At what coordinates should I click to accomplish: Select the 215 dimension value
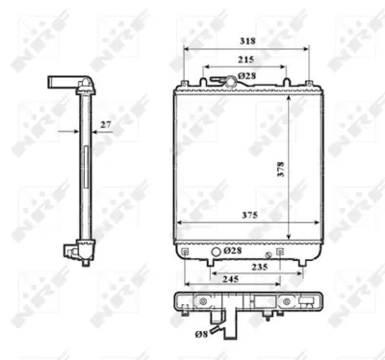click(246, 60)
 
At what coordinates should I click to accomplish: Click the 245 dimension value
click(228, 281)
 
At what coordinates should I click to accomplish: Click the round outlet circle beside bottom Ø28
click(217, 251)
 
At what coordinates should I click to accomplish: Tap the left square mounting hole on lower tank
click(184, 251)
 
